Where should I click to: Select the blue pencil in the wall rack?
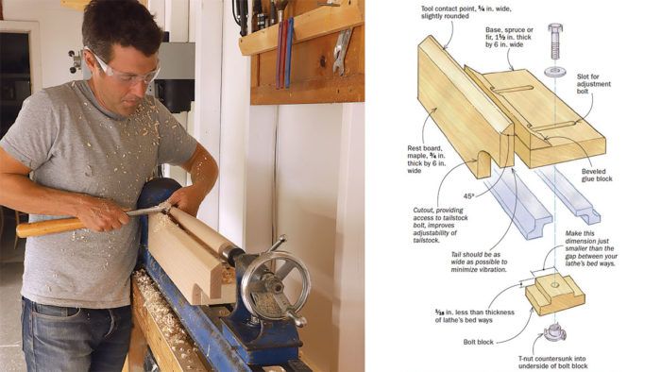point(289,52)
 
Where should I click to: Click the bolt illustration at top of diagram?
point(555,42)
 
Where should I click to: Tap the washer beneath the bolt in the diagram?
point(555,72)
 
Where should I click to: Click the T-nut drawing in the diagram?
point(554,332)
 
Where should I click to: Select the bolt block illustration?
point(554,294)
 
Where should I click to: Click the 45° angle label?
point(469,196)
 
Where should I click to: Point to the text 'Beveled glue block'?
point(597,175)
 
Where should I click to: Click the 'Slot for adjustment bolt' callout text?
point(594,84)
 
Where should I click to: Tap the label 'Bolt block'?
point(478,342)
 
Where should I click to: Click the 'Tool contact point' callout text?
point(466,12)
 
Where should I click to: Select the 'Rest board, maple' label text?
point(426,160)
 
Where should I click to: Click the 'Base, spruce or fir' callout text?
point(509,37)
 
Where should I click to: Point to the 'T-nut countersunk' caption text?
point(552,363)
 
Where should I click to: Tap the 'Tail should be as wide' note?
point(479,262)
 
